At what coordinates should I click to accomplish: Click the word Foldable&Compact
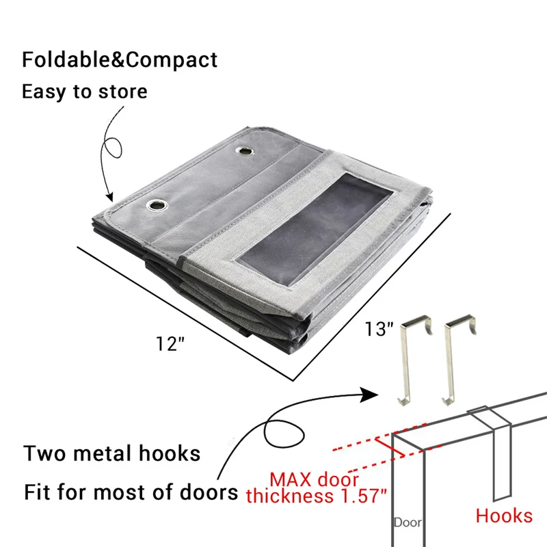(120, 59)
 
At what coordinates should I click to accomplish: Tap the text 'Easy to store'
(84, 91)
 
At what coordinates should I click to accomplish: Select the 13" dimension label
(378, 330)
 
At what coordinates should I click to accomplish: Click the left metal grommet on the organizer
(157, 204)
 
